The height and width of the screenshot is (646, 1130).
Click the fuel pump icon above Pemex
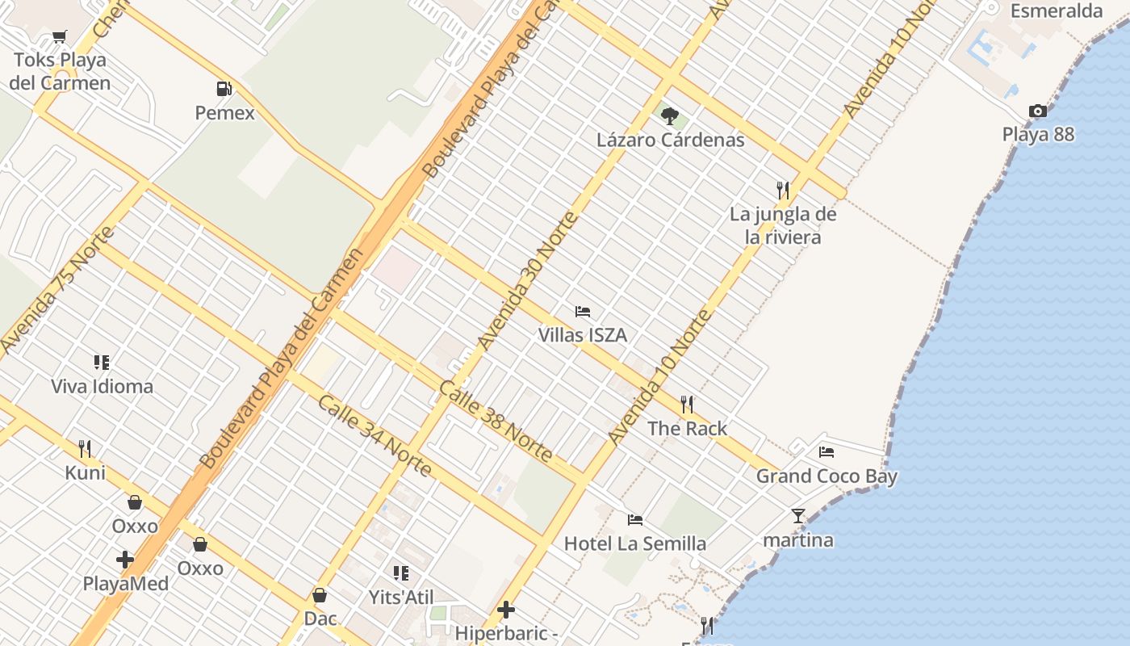pyautogui.click(x=224, y=89)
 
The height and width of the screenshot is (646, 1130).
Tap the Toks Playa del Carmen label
pyautogui.click(x=61, y=71)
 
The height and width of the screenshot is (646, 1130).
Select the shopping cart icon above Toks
pyautogui.click(x=59, y=36)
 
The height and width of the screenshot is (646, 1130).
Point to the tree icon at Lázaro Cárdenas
pyautogui.click(x=669, y=115)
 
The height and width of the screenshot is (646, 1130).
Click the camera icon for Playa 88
pyautogui.click(x=1037, y=111)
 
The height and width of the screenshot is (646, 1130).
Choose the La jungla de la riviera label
pyautogui.click(x=783, y=225)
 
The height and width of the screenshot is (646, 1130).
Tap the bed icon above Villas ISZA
pyautogui.click(x=583, y=311)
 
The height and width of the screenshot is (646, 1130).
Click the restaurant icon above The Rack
pyautogui.click(x=687, y=404)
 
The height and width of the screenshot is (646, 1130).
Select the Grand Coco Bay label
pyautogui.click(x=827, y=476)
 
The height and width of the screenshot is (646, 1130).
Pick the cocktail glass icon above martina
pyautogui.click(x=797, y=515)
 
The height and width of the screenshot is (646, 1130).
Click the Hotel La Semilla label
pyautogui.click(x=635, y=543)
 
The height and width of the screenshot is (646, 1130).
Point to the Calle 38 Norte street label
pyautogui.click(x=496, y=422)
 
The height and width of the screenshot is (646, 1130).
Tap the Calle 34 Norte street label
pyautogui.click(x=374, y=436)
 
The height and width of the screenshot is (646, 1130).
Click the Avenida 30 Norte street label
pyautogui.click(x=528, y=281)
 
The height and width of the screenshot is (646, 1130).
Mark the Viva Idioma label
pyautogui.click(x=102, y=386)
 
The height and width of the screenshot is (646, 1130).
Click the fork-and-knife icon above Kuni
pyautogui.click(x=85, y=448)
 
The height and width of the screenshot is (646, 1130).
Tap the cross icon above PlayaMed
pyautogui.click(x=125, y=559)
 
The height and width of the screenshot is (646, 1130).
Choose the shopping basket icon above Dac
pyautogui.click(x=320, y=595)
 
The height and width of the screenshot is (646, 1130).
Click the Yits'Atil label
pyautogui.click(x=401, y=598)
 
